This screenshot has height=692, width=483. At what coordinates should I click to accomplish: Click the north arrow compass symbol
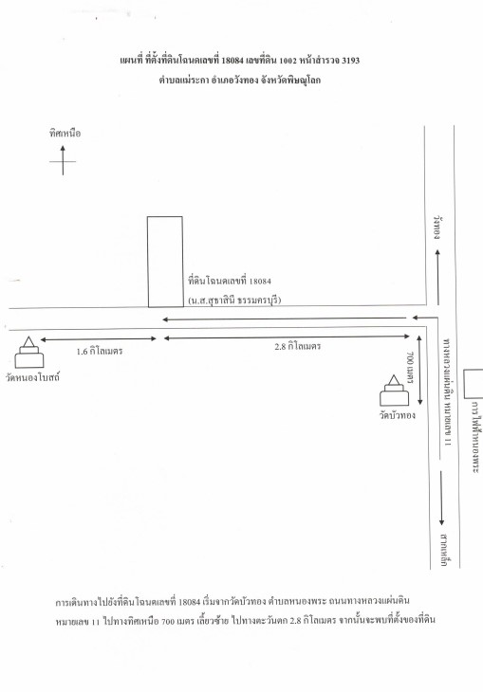click(x=63, y=160)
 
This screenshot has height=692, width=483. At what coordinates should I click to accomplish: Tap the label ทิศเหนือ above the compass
click(x=65, y=134)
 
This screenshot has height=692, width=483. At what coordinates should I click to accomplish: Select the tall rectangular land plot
click(x=165, y=262)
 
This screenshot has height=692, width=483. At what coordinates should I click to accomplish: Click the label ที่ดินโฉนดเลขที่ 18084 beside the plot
click(x=230, y=281)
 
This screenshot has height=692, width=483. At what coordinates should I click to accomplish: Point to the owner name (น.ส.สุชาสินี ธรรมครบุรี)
click(x=234, y=300)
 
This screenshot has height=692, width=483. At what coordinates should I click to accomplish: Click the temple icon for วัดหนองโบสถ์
click(x=29, y=353)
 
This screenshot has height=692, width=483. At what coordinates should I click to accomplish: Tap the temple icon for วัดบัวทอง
click(x=394, y=391)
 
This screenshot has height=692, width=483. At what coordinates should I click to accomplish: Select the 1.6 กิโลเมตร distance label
click(x=100, y=352)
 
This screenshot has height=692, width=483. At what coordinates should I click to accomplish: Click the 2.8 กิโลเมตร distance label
click(x=298, y=346)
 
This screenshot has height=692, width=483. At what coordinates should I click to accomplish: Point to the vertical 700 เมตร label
click(x=409, y=368)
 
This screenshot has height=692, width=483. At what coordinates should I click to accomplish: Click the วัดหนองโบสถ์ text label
click(x=32, y=378)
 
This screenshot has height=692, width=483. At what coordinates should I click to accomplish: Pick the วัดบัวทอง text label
click(x=398, y=415)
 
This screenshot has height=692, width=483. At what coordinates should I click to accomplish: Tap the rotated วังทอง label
click(x=437, y=228)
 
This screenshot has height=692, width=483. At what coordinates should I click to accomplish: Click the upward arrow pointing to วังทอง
click(x=437, y=277)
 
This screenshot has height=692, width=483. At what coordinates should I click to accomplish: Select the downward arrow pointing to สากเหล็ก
click(x=441, y=499)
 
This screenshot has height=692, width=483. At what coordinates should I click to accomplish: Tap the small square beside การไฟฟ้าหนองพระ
click(x=474, y=385)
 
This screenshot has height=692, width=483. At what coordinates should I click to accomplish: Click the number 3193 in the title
click(x=350, y=61)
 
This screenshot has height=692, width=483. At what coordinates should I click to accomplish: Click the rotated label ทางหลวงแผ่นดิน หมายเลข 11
click(x=447, y=392)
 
